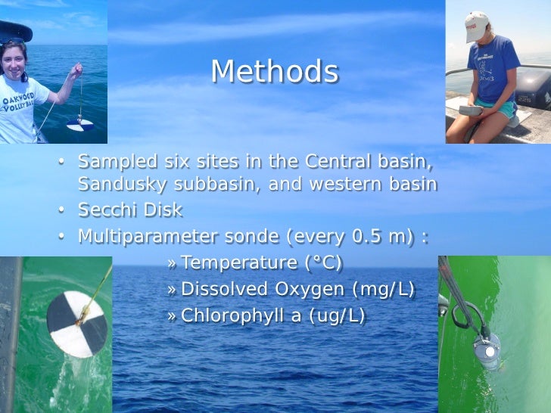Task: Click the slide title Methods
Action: (274, 72)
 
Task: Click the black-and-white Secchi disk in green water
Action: (76, 324)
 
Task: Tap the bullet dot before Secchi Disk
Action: (64, 211)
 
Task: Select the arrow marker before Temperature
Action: (172, 264)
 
